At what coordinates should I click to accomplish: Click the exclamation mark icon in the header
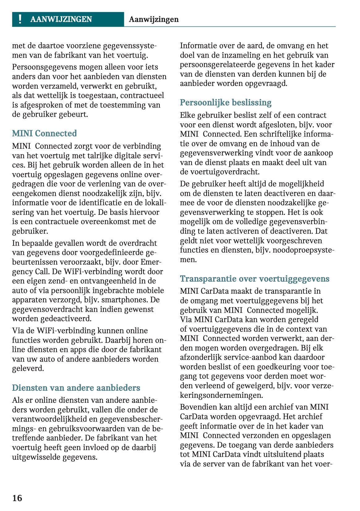tap(20, 19)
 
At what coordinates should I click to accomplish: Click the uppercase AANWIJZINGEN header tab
tap(61, 19)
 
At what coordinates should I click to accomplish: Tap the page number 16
tap(17, 498)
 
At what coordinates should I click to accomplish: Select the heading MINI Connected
tap(44, 133)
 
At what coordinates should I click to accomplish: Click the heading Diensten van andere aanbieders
tap(76, 388)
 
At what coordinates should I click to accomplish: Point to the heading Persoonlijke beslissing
tap(226, 102)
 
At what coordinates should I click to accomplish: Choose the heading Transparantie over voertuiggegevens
tap(255, 279)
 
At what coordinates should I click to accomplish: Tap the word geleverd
tap(28, 368)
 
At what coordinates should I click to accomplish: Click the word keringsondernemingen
tap(221, 395)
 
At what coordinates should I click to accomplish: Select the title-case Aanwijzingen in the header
tap(154, 19)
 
